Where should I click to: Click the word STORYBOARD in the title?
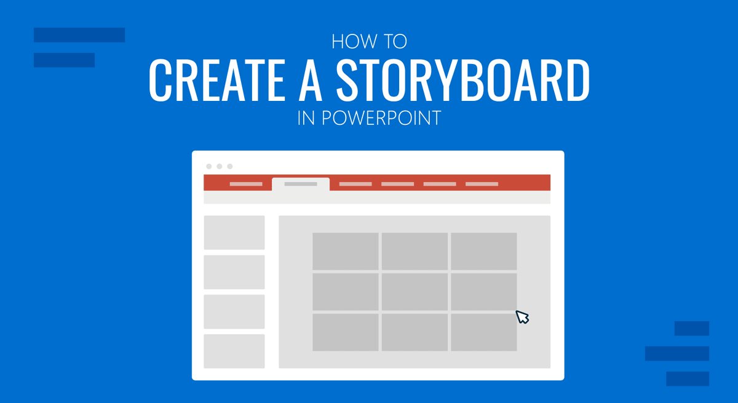(x=462, y=80)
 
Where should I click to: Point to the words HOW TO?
(x=369, y=42)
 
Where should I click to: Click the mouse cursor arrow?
(x=522, y=316)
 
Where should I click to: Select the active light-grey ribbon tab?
(x=301, y=184)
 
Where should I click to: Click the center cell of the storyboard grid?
(x=415, y=292)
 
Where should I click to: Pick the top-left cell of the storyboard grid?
(x=345, y=251)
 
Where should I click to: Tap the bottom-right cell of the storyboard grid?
(x=484, y=332)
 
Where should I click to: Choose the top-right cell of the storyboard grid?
(x=484, y=251)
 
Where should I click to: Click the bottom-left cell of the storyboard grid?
(x=345, y=332)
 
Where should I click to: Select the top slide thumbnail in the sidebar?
(x=234, y=233)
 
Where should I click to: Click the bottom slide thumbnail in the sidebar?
(x=234, y=351)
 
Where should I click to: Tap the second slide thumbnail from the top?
(x=234, y=272)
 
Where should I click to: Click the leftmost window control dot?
(x=209, y=166)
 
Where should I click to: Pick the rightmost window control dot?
(x=230, y=166)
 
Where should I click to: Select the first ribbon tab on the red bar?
(x=246, y=184)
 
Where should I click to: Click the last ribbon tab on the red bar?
(x=482, y=184)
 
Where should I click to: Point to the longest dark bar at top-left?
(x=79, y=35)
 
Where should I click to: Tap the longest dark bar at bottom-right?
(x=677, y=353)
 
